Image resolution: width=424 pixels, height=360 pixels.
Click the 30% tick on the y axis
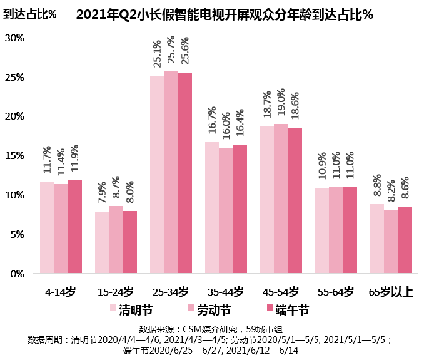[14, 38]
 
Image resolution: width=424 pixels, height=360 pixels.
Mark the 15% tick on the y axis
[14, 156]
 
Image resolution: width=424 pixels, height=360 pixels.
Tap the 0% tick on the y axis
[17, 274]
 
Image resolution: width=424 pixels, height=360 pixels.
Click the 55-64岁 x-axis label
[336, 292]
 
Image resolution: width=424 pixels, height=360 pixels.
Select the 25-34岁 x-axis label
[171, 292]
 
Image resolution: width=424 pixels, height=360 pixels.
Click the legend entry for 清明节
[130, 309]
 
